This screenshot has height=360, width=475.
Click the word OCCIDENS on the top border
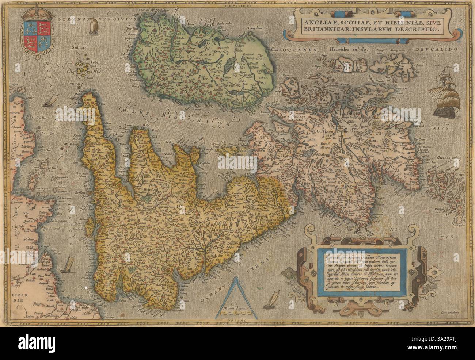(236, 6)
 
